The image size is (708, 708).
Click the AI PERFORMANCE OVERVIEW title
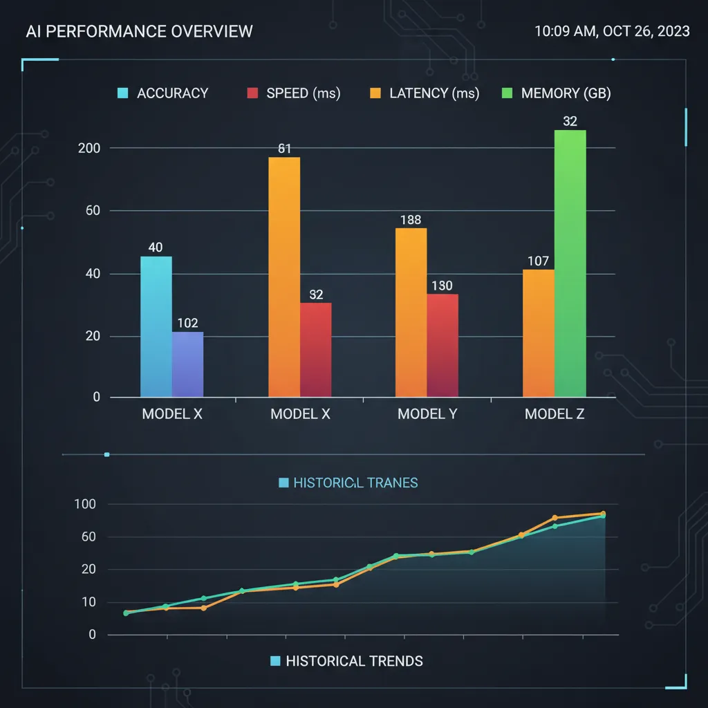pyautogui.click(x=139, y=32)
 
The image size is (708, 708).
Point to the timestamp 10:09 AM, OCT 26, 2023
pyautogui.click(x=612, y=32)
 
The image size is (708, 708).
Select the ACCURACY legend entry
pyautogui.click(x=164, y=93)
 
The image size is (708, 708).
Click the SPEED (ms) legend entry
pyautogui.click(x=294, y=93)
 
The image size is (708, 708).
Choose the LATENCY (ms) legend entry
pyautogui.click(x=425, y=93)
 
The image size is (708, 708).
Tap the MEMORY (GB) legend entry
pyautogui.click(x=557, y=93)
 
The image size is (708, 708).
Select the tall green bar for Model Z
pyautogui.click(x=570, y=263)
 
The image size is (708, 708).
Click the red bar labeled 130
pyautogui.click(x=442, y=346)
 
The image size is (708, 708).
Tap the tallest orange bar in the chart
pyautogui.click(x=284, y=277)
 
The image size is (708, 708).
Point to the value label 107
pyautogui.click(x=538, y=261)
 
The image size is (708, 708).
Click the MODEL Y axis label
pyautogui.click(x=427, y=414)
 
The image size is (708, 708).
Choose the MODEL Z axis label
pyautogui.click(x=555, y=414)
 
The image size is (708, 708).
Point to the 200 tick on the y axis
pyautogui.click(x=90, y=148)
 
